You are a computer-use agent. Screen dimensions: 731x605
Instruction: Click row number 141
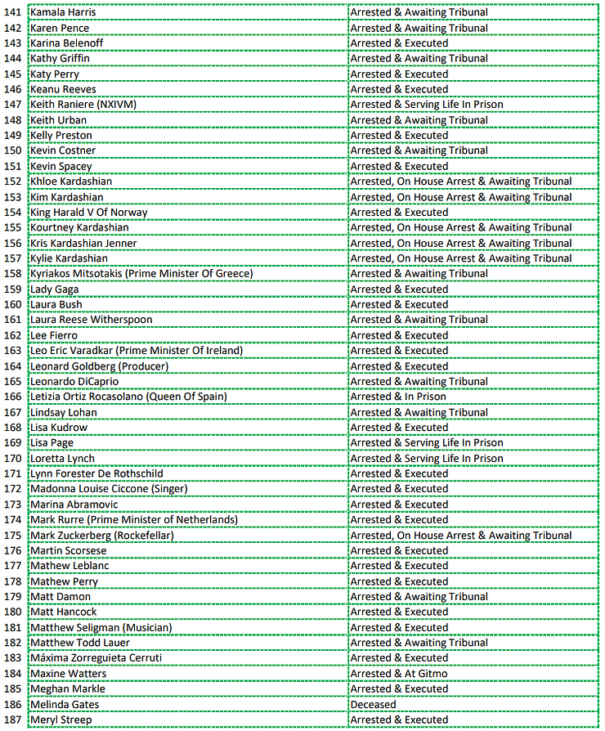point(15,12)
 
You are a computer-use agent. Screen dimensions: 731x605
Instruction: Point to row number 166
point(15,397)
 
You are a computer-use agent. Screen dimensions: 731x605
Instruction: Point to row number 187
point(15,720)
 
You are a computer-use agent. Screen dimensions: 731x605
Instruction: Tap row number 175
point(15,536)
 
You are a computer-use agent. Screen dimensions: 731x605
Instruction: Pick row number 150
point(15,150)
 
